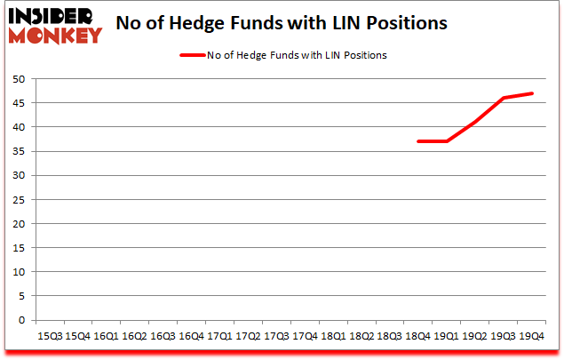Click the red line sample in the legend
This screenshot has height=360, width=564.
tap(193, 55)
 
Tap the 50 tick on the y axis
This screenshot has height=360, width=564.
tap(17, 79)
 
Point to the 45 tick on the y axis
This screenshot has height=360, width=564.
tap(17, 103)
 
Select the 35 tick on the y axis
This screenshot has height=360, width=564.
tap(17, 151)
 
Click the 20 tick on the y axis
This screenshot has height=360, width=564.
tap(17, 224)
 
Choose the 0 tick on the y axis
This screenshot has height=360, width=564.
tap(20, 320)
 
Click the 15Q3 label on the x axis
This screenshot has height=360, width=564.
tap(49, 336)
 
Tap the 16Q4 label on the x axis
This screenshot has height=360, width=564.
tap(191, 336)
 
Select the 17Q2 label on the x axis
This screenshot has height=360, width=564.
tap(248, 336)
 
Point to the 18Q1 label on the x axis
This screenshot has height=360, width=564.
tap(333, 336)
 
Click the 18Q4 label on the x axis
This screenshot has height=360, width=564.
tap(418, 336)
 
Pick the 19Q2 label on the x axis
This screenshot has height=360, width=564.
tap(475, 336)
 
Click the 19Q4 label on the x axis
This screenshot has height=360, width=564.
tap(532, 336)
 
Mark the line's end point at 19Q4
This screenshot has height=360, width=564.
tap(532, 93)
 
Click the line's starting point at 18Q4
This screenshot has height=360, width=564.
tap(418, 141)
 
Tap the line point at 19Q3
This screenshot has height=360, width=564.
tap(504, 98)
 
